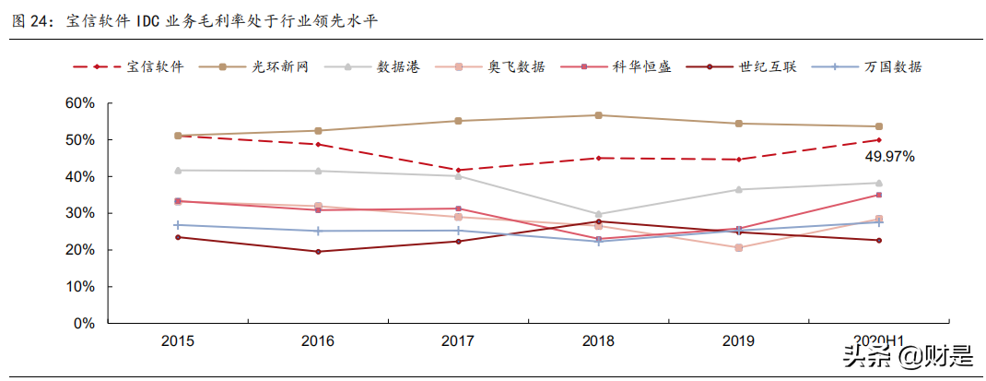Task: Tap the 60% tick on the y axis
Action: (80, 103)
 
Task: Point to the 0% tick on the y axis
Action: (84, 324)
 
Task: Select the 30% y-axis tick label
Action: (80, 213)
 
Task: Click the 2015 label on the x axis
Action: (177, 341)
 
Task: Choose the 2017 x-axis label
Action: (458, 341)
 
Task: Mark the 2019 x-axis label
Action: (738, 341)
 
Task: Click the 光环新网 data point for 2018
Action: (598, 115)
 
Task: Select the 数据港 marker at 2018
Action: (598, 214)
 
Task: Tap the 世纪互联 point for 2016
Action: (318, 251)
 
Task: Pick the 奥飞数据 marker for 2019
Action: (738, 247)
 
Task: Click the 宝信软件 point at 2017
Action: (458, 170)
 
